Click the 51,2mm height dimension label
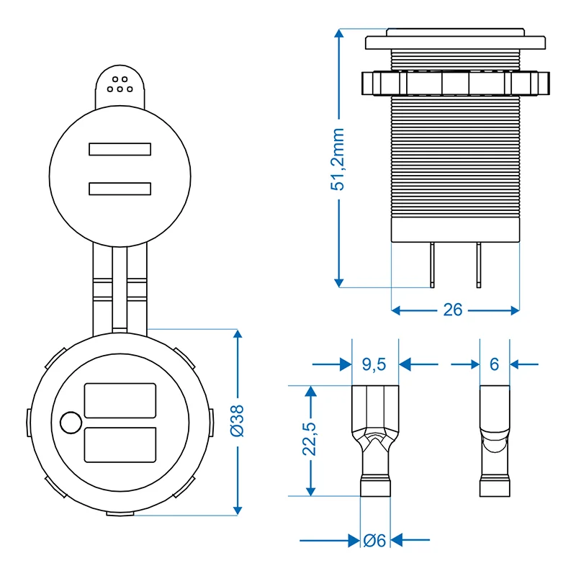(x=338, y=159)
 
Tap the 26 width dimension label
(x=453, y=310)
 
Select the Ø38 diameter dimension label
(x=238, y=421)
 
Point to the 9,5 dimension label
(x=374, y=364)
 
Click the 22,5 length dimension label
(x=310, y=439)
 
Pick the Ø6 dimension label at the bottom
(x=374, y=541)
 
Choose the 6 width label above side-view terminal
(x=495, y=364)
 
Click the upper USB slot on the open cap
(x=120, y=149)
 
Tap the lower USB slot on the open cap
(x=120, y=189)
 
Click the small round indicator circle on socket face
(x=71, y=423)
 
